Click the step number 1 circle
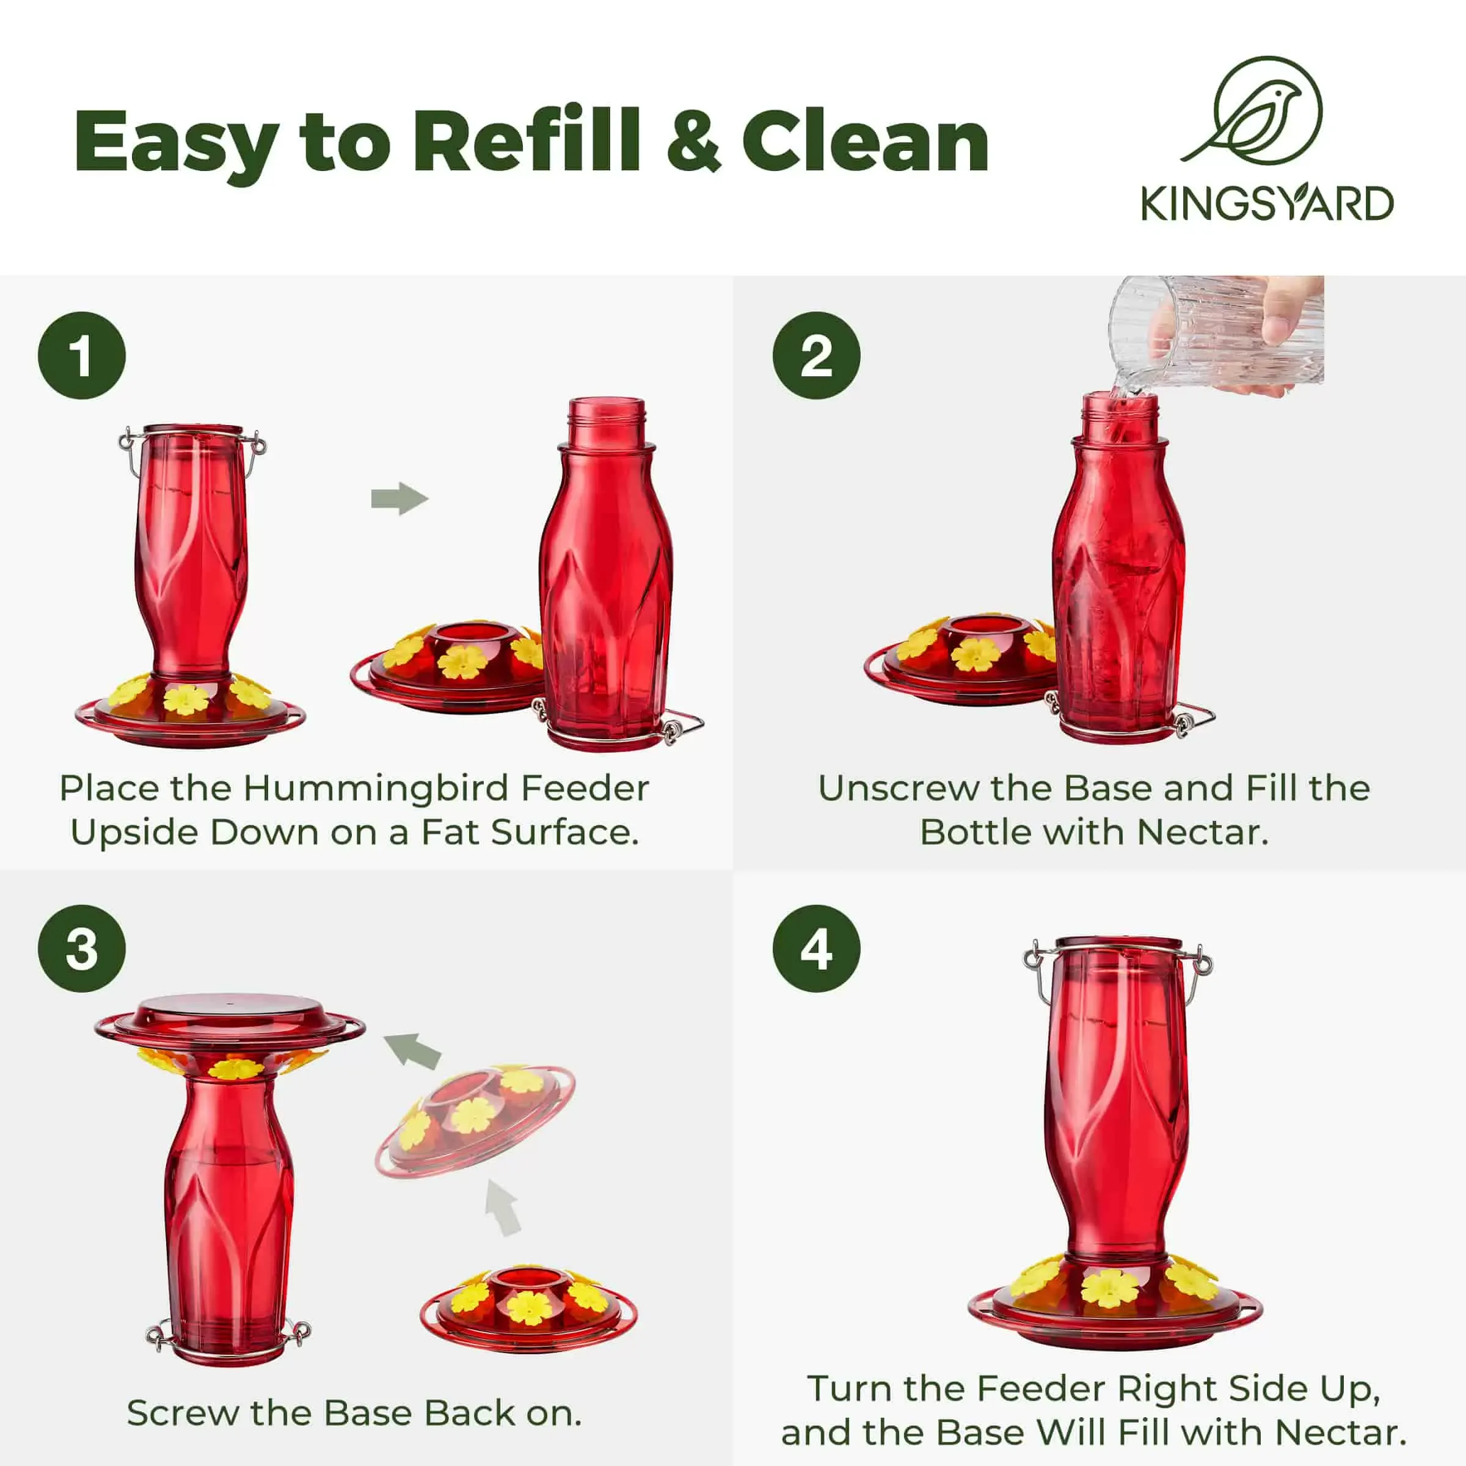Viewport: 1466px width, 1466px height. [x=82, y=355]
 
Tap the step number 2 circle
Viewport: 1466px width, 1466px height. [x=817, y=355]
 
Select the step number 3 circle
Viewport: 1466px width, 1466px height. [x=82, y=949]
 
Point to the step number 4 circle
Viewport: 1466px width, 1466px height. [x=817, y=949]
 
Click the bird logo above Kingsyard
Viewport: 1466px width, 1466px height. [x=1260, y=111]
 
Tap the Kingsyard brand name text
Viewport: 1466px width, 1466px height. [x=1267, y=203]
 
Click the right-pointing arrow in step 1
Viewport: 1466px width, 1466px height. [x=400, y=498]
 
